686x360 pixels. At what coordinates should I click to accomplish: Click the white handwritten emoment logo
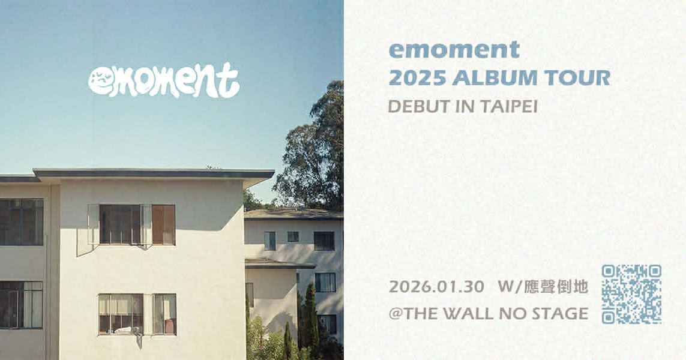click(164, 80)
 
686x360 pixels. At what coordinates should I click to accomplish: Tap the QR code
click(631, 294)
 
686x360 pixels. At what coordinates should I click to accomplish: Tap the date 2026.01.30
click(436, 287)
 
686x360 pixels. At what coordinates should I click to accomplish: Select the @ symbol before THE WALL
click(396, 313)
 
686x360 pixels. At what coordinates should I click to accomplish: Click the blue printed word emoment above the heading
click(454, 50)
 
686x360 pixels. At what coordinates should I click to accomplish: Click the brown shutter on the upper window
click(163, 225)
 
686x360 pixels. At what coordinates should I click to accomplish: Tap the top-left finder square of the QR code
click(609, 271)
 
